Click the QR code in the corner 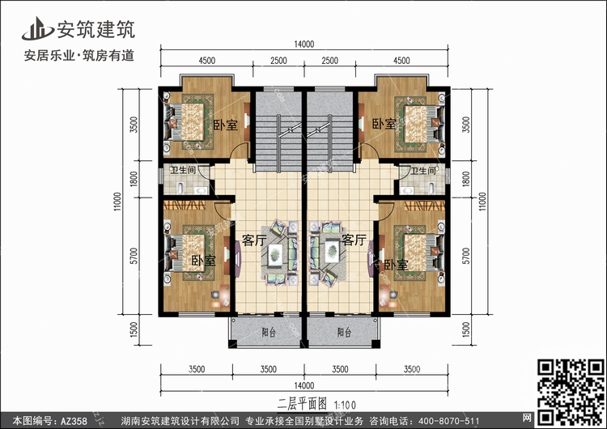(570, 392)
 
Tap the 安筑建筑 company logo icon (37, 28)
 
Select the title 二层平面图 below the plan (303, 404)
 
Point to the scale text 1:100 (345, 405)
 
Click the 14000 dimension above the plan (303, 45)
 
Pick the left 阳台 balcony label (268, 332)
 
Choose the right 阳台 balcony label (344, 332)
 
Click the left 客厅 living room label (254, 240)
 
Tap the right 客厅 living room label (354, 240)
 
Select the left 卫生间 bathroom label (183, 170)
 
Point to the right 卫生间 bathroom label (423, 171)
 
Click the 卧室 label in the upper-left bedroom (226, 125)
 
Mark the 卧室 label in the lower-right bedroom (396, 265)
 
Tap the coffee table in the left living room (275, 254)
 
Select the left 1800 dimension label (134, 179)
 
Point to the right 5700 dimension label (465, 256)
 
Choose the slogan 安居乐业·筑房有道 (79, 56)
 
